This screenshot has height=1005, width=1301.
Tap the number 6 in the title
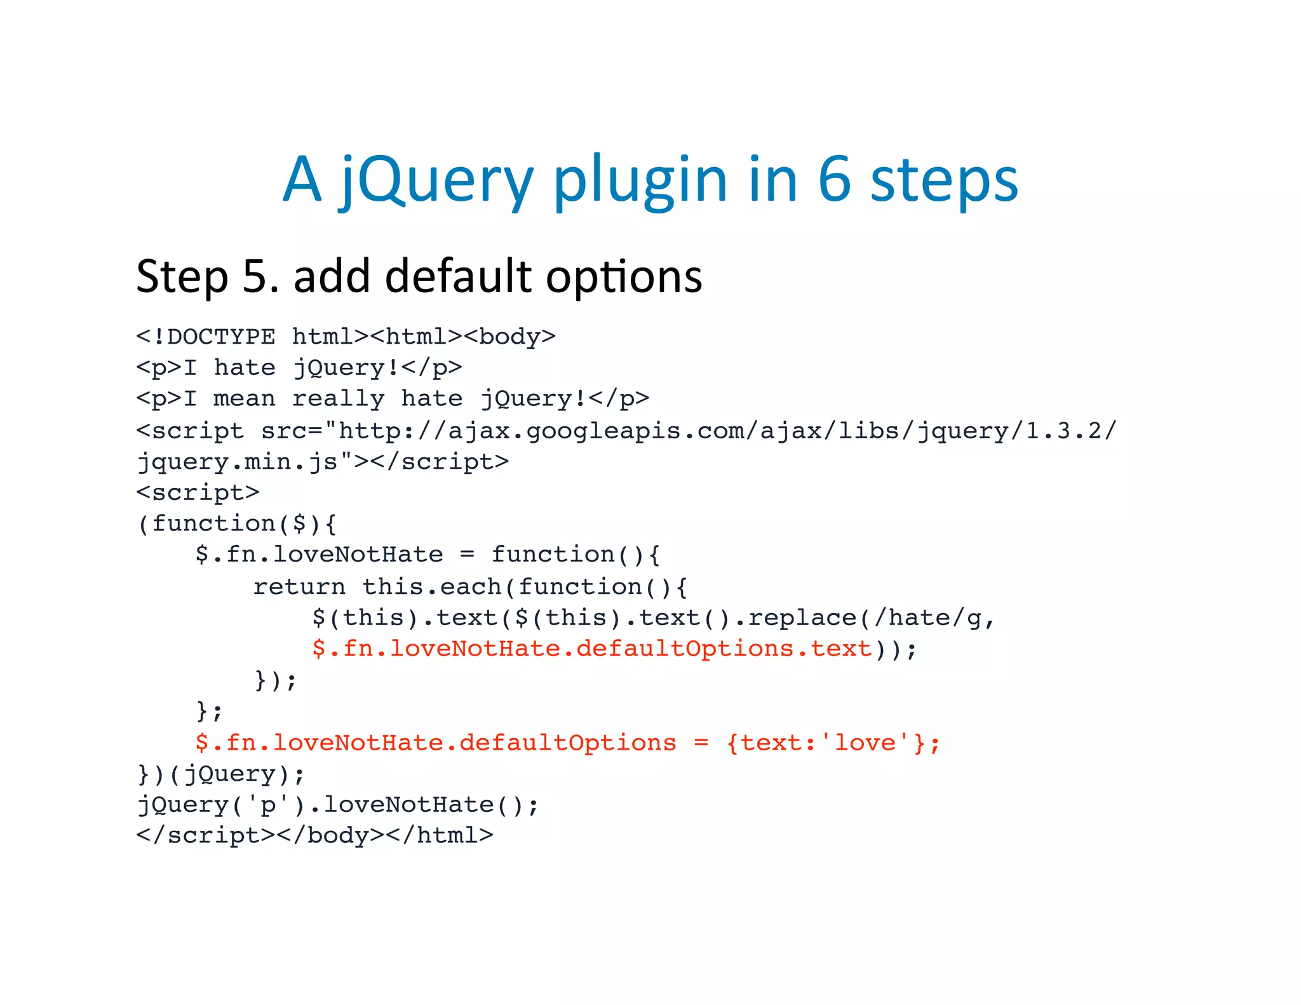point(833,180)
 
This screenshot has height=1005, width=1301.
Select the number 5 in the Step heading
point(257,277)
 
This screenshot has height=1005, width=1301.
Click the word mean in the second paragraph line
point(245,399)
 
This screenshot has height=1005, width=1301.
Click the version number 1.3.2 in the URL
point(1063,431)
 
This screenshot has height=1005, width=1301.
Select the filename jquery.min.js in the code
point(238,462)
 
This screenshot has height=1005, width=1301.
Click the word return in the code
point(299,587)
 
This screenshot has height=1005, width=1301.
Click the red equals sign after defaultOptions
point(701,743)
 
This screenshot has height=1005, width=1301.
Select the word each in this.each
point(471,587)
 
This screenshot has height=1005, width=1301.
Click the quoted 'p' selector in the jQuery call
point(267,806)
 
